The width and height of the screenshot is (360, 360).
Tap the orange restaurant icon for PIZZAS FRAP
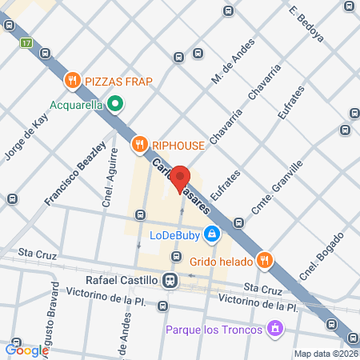[x=72, y=80]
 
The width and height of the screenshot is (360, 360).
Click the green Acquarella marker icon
[x=114, y=102]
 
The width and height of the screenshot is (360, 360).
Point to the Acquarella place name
[x=77, y=103]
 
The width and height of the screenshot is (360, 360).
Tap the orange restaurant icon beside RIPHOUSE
[x=139, y=144]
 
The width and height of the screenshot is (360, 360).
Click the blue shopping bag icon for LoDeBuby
[x=212, y=234]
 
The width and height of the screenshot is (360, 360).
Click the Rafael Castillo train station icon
[x=170, y=281]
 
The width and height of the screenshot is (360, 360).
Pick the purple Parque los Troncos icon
[x=274, y=328]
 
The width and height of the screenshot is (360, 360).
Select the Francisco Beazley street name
[x=76, y=174]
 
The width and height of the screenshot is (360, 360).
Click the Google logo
[x=27, y=350]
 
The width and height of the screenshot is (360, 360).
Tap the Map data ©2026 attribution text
[x=324, y=354]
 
